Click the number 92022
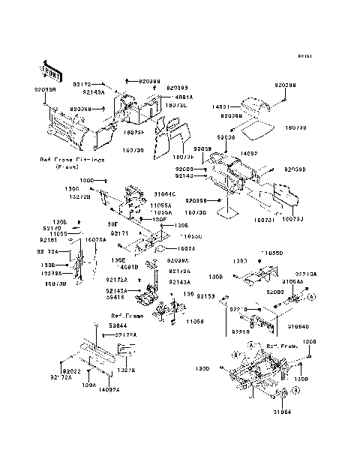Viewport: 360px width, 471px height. pyautogui.click(x=71, y=371)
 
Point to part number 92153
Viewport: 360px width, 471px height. pyautogui.click(x=206, y=296)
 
